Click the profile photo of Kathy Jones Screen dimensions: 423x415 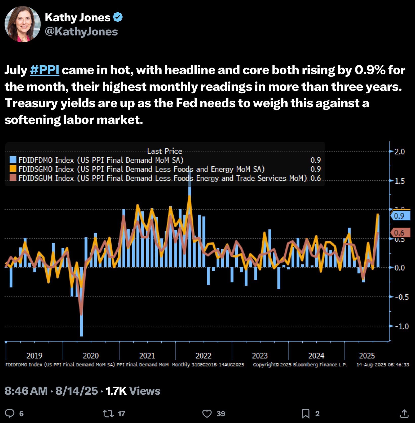click(23, 24)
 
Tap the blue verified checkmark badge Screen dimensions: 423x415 click(118, 17)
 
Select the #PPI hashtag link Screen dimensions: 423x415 click(45, 70)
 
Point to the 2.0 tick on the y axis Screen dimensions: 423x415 click(400, 152)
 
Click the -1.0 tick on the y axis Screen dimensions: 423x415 click(400, 326)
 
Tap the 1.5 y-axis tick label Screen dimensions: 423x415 click(400, 181)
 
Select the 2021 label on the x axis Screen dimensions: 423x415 click(147, 356)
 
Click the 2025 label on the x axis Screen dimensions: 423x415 click(367, 356)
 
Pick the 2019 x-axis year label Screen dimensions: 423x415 click(34, 356)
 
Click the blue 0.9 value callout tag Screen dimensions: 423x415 click(400, 216)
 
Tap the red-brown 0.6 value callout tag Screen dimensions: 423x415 click(400, 232)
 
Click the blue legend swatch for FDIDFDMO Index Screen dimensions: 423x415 click(13, 160)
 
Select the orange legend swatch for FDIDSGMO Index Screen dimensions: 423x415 click(13, 169)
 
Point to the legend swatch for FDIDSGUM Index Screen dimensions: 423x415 click(13, 178)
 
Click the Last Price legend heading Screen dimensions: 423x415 click(164, 151)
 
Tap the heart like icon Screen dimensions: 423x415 click(207, 414)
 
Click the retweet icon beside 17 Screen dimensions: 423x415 click(108, 414)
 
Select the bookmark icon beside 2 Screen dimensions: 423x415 click(305, 414)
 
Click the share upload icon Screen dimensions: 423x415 click(404, 414)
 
